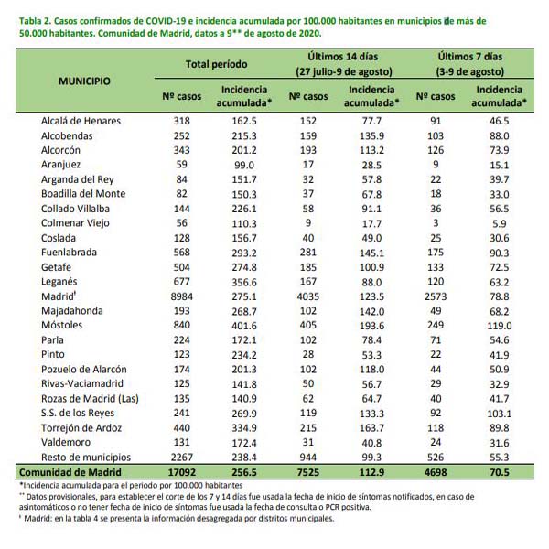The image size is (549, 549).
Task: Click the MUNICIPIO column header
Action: point(84,81)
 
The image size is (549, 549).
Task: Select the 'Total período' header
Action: point(216,64)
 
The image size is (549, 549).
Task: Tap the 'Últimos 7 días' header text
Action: point(470,57)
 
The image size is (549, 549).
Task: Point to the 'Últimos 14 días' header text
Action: point(343,57)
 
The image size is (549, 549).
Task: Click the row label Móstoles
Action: point(61,325)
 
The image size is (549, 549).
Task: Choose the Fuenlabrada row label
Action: point(69,253)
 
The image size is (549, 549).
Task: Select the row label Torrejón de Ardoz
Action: point(81,428)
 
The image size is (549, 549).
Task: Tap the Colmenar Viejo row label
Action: point(75,223)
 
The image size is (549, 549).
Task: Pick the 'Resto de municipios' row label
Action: point(86,457)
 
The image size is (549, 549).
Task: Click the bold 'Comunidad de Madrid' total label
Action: point(70,472)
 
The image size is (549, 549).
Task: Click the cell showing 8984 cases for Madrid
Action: point(182,296)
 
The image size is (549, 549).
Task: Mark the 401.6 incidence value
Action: point(244,326)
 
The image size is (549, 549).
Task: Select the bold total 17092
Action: point(182,472)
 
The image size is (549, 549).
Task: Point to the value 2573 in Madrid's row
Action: point(436,296)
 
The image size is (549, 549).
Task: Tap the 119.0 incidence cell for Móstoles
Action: point(500,326)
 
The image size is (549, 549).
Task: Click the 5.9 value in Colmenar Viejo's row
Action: point(500,223)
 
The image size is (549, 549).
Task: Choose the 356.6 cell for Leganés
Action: point(244,282)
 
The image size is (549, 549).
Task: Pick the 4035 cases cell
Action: point(308,296)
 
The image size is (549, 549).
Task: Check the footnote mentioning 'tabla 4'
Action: point(177,518)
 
